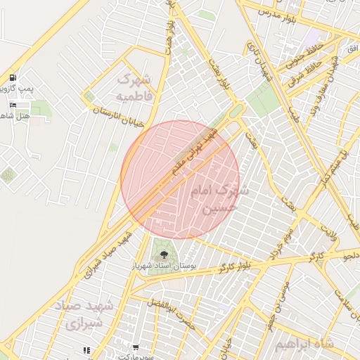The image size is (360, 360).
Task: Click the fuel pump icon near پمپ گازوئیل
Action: [x=13, y=77]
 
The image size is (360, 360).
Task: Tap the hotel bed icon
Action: [x=13, y=105]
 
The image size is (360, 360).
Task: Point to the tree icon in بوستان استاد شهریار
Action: [x=164, y=255]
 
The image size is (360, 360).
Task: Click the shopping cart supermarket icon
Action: [x=135, y=348]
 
